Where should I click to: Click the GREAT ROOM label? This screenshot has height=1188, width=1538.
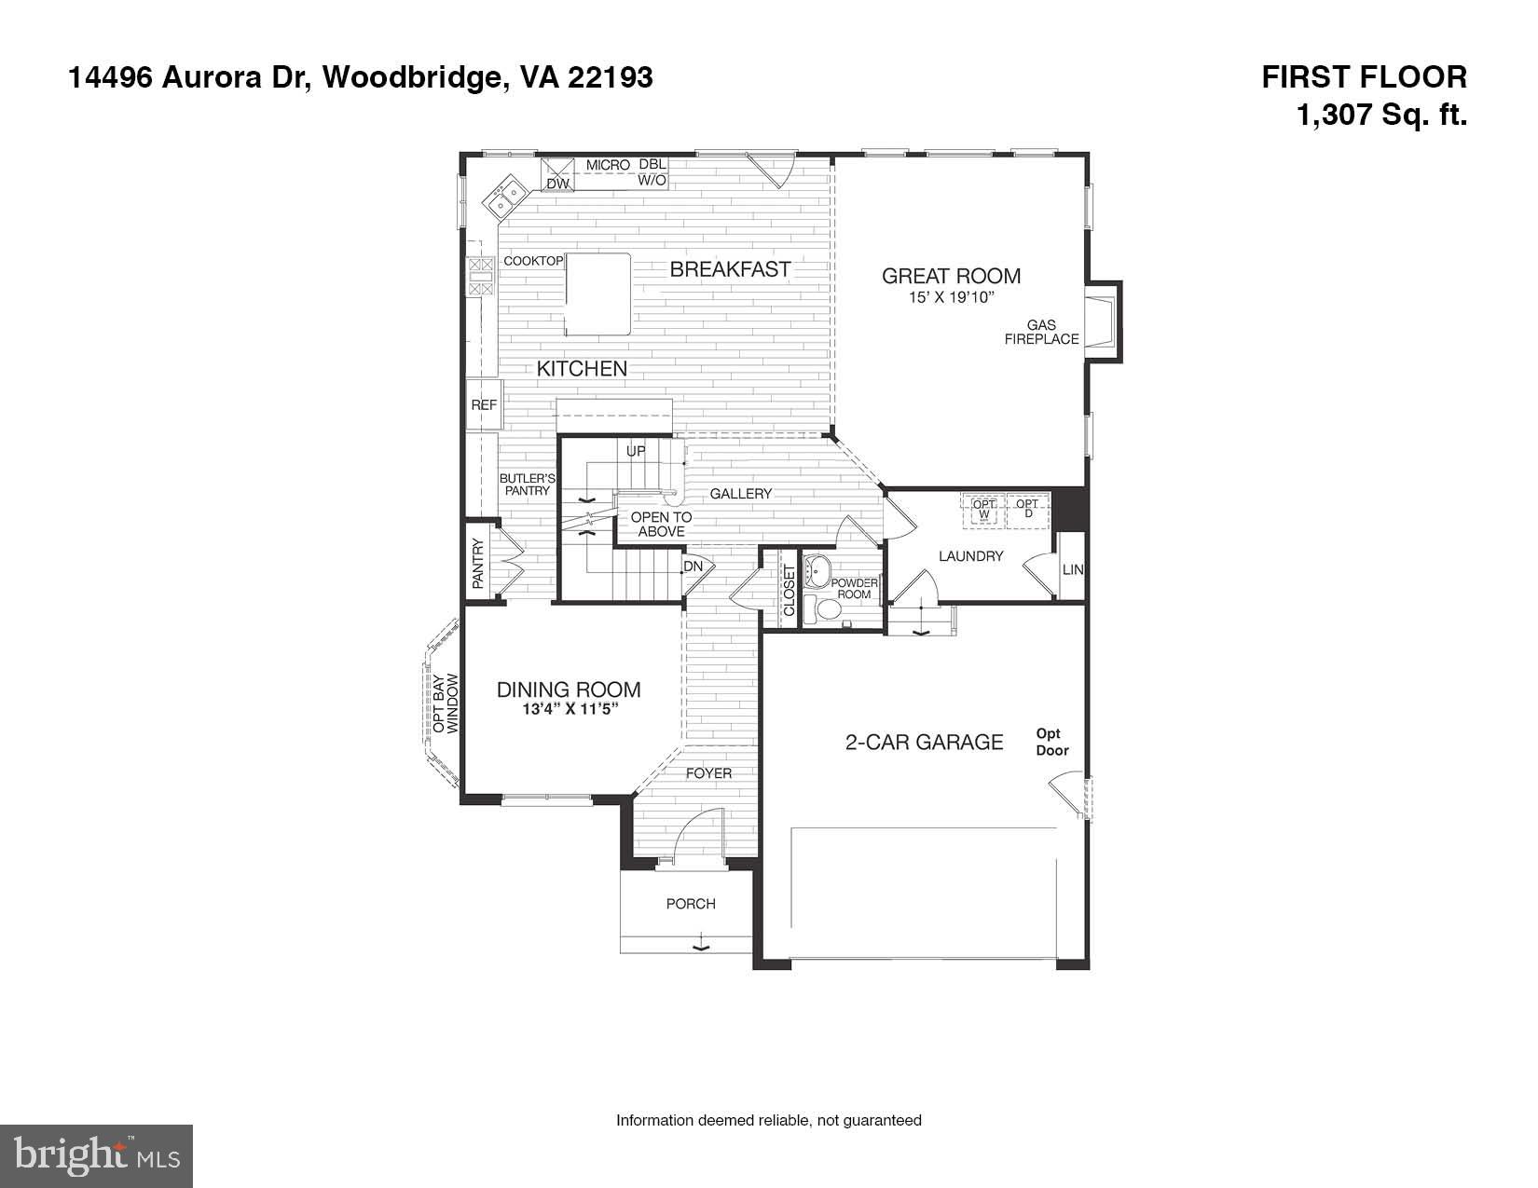pyautogui.click(x=951, y=276)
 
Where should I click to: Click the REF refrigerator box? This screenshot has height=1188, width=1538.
pyautogui.click(x=484, y=405)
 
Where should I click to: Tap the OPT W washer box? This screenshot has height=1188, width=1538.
pyautogui.click(x=984, y=511)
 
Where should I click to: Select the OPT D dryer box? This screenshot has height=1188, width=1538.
pyautogui.click(x=1027, y=511)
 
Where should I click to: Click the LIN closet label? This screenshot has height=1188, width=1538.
pyautogui.click(x=1073, y=568)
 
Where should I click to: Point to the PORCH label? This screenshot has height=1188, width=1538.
pyautogui.click(x=691, y=904)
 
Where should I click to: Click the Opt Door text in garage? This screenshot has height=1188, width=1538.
pyautogui.click(x=1052, y=742)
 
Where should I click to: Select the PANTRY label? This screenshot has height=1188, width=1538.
pyautogui.click(x=478, y=564)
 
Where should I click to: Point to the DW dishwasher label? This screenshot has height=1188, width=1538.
pyautogui.click(x=557, y=184)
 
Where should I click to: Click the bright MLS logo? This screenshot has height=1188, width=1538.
pyautogui.click(x=97, y=1156)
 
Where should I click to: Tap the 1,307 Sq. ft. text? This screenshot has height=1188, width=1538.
pyautogui.click(x=1382, y=116)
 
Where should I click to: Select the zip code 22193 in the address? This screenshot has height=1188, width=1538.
pyautogui.click(x=611, y=77)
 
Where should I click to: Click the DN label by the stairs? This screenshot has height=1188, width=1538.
pyautogui.click(x=693, y=567)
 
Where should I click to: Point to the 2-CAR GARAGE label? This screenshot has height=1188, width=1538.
pyautogui.click(x=924, y=742)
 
